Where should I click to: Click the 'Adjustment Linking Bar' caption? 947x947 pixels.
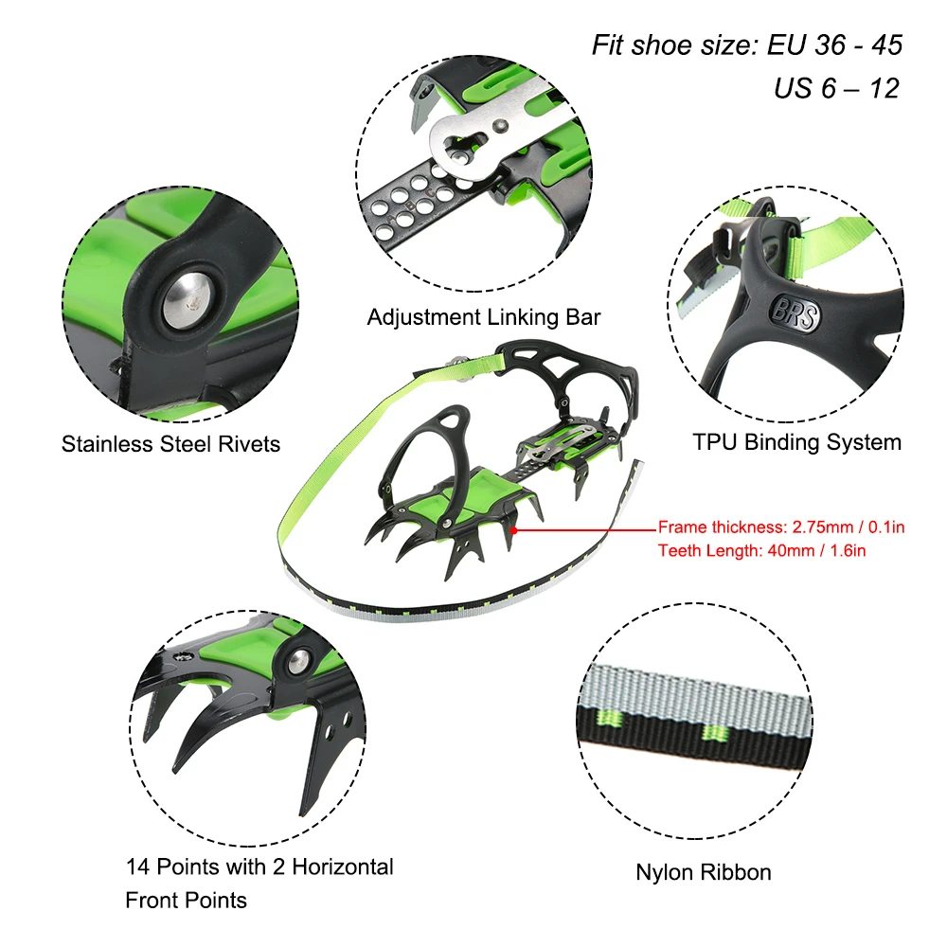tap(484, 317)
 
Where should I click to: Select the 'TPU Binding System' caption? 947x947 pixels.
tap(796, 441)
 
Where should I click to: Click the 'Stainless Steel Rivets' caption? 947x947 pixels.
tap(171, 443)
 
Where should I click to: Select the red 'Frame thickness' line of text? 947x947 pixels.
tap(780, 527)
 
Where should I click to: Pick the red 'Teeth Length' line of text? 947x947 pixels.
tap(761, 549)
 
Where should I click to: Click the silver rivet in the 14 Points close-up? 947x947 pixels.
tap(298, 661)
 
